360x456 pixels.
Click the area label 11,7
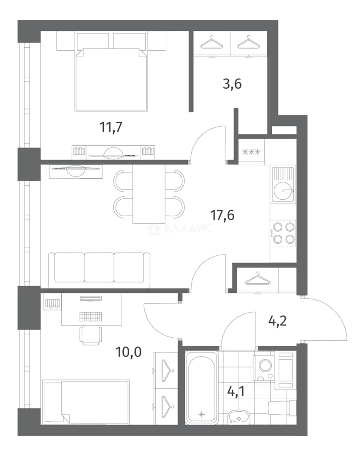click(x=111, y=127)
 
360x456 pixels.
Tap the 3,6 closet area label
click(x=232, y=84)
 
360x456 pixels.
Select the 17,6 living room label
click(x=222, y=215)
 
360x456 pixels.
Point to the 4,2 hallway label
click(x=277, y=321)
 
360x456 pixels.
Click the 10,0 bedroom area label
click(x=129, y=352)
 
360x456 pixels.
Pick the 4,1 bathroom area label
click(x=236, y=391)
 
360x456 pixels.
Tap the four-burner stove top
click(x=283, y=233)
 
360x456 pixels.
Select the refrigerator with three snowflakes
click(x=252, y=152)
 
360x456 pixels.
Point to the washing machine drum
click(x=265, y=365)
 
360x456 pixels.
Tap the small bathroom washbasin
click(x=238, y=417)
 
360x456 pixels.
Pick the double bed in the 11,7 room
click(x=111, y=79)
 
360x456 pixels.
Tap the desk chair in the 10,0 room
click(x=91, y=335)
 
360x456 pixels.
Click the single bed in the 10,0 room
click(x=86, y=402)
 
